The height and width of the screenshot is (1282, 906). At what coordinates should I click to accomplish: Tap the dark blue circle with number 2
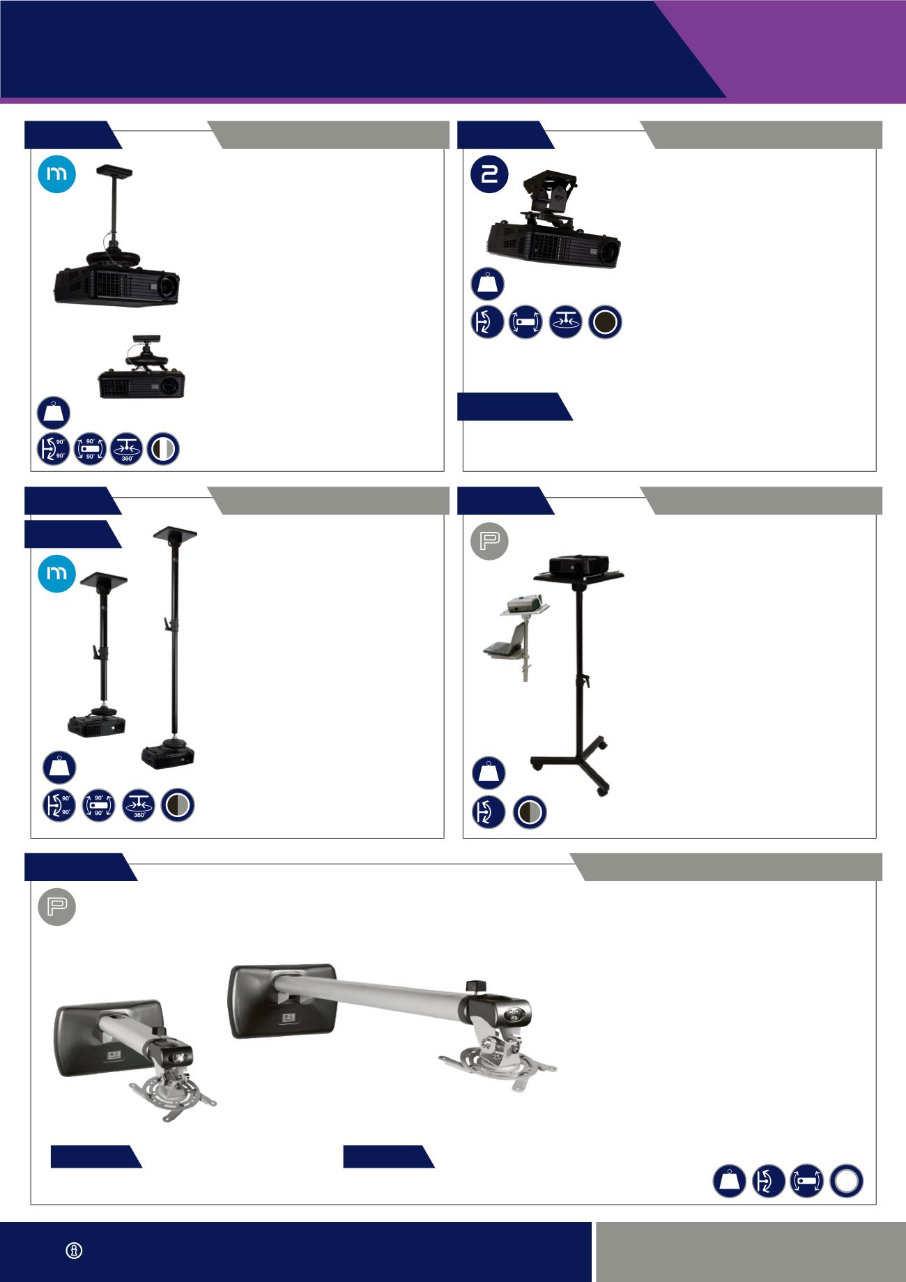pyautogui.click(x=490, y=175)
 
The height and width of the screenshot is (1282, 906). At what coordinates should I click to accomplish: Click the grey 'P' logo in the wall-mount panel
pyautogui.click(x=56, y=907)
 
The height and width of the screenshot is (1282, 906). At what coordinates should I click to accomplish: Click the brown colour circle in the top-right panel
pyautogui.click(x=605, y=323)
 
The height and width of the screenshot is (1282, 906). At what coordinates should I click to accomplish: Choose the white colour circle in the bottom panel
pyautogui.click(x=847, y=1182)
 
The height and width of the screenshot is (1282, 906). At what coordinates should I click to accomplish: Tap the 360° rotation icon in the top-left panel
pyautogui.click(x=127, y=449)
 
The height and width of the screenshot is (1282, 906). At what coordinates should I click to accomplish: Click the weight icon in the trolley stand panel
pyautogui.click(x=489, y=772)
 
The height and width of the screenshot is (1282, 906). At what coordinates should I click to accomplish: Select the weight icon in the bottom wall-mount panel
pyautogui.click(x=729, y=1182)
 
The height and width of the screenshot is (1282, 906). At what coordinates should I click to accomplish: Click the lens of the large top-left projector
pyautogui.click(x=168, y=287)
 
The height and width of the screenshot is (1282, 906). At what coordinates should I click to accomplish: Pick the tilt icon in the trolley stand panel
pyautogui.click(x=489, y=812)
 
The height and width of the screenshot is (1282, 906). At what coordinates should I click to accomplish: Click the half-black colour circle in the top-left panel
pyautogui.click(x=163, y=449)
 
